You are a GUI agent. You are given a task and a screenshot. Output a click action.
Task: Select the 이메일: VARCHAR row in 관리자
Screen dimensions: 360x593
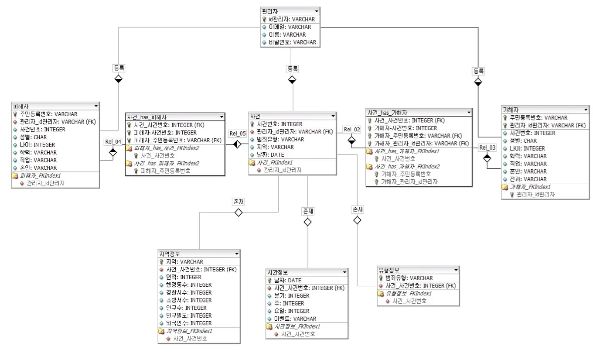290,27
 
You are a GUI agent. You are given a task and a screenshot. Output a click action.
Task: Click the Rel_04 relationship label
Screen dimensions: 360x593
112,141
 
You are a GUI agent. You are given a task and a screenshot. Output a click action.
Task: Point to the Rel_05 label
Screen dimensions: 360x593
238,134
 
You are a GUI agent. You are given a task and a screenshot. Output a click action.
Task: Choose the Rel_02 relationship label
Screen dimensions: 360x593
352,129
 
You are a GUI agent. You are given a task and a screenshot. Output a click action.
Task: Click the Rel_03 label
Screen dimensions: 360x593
487,147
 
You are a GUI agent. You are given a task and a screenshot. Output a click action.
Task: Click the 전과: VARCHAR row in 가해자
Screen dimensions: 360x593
529,179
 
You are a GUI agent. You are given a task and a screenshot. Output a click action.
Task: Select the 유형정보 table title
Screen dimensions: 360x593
389,270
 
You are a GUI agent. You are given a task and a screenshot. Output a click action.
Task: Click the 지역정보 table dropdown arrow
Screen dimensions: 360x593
236,254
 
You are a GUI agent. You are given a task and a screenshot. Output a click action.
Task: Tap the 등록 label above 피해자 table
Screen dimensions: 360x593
119,68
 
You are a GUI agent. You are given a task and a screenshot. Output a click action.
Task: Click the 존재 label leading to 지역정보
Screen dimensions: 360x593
239,202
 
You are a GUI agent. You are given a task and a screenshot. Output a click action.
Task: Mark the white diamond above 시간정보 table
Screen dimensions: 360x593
308,222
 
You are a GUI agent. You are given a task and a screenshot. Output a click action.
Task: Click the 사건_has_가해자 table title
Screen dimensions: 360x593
388,112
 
